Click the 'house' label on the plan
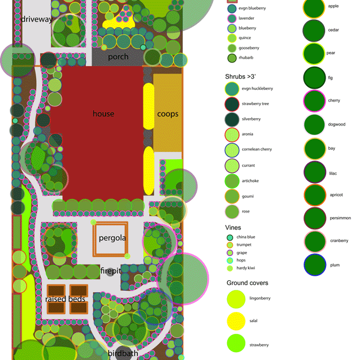click(x=103, y=114)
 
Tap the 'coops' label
click(x=168, y=114)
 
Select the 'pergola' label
click(x=112, y=238)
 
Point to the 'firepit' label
click(x=111, y=271)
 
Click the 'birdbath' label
click(x=123, y=354)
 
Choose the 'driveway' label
click(x=37, y=20)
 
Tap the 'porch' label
click(x=118, y=57)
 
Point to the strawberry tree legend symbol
click(x=232, y=104)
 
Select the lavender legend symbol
click(x=232, y=18)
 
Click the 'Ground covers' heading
click(x=248, y=283)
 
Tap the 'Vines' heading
click(x=233, y=227)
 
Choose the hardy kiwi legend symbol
click(x=230, y=268)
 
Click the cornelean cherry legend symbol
click(x=232, y=150)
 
